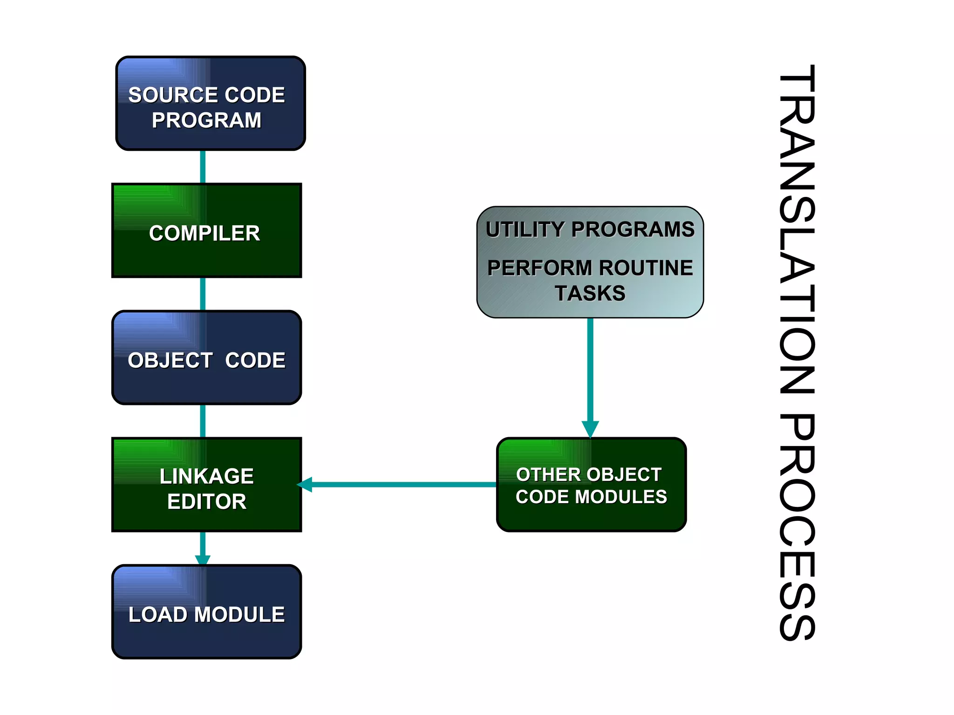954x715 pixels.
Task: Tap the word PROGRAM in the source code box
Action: (206, 120)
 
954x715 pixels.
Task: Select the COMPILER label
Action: (204, 233)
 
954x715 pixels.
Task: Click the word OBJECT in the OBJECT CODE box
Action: (170, 360)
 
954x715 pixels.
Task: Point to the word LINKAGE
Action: (206, 476)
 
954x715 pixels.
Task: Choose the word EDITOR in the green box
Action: (206, 501)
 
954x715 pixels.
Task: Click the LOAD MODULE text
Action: (206, 614)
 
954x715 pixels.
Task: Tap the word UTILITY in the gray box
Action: (525, 229)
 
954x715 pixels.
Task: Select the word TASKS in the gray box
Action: (590, 293)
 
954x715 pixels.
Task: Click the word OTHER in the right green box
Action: (541, 475)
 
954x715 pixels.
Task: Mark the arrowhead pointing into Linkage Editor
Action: (305, 485)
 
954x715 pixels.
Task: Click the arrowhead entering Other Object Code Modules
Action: (590, 428)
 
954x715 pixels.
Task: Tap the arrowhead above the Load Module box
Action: (203, 560)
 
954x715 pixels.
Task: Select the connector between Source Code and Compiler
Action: (203, 167)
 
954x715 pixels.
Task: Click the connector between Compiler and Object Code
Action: (203, 294)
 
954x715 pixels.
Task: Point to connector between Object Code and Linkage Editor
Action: (203, 421)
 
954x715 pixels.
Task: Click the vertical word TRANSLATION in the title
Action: (797, 228)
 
